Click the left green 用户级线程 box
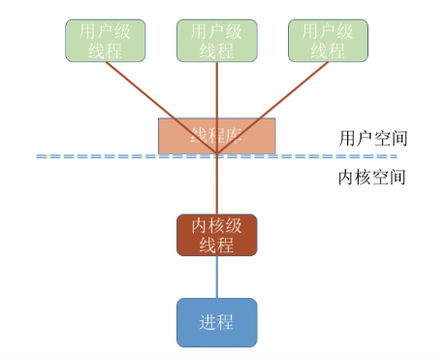[x=104, y=39]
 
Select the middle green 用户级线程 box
[x=216, y=39]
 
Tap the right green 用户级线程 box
[x=327, y=39]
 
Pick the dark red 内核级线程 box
[x=216, y=235]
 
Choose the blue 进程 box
[x=216, y=322]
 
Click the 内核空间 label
[x=372, y=178]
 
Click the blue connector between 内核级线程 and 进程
[x=216, y=277]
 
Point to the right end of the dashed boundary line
[x=396, y=156]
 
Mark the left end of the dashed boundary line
[x=39, y=156]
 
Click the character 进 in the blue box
[x=205, y=322]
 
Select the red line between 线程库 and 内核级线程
[x=216, y=184]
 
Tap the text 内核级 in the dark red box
[x=216, y=225]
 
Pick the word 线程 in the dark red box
[x=216, y=245]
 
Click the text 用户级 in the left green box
[x=104, y=29]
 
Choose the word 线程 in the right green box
[x=327, y=49]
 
